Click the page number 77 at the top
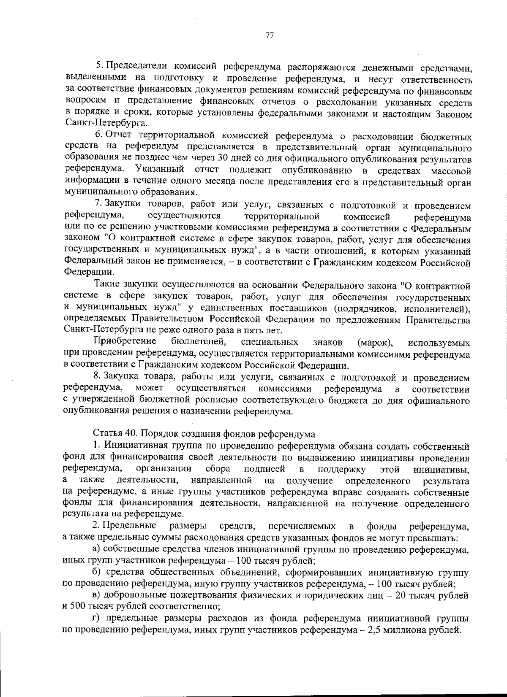point(270,35)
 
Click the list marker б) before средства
point(97,573)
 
